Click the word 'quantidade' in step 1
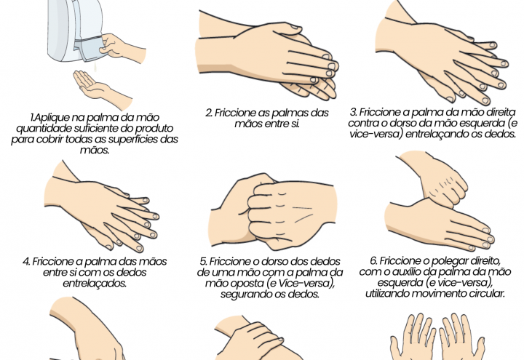(x=44, y=128)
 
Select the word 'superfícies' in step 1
(x=145, y=139)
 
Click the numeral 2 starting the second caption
(x=208, y=113)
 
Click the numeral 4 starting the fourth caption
(x=26, y=261)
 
